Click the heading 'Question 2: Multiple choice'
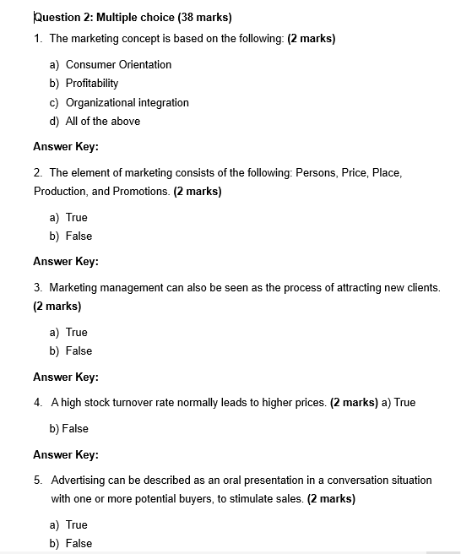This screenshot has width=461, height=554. [104, 17]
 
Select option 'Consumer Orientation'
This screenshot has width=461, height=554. [118, 64]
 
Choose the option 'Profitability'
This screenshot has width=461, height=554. [92, 83]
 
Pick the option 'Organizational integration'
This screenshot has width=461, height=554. [127, 102]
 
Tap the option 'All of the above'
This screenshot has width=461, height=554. [103, 121]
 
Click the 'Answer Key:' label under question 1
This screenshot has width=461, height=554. [66, 146]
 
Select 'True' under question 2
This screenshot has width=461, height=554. [77, 217]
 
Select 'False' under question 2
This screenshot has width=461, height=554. [79, 236]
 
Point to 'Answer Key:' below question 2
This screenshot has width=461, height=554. [66, 261]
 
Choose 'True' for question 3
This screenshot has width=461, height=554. [77, 332]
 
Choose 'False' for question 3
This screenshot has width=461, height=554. [79, 350]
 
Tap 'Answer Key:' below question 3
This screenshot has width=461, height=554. [66, 377]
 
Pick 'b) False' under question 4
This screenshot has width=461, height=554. [69, 428]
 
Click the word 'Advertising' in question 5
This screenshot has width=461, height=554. [78, 480]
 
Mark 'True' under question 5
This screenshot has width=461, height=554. [77, 524]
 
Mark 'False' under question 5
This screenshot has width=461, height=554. [79, 543]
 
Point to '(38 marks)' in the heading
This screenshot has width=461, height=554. [204, 17]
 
